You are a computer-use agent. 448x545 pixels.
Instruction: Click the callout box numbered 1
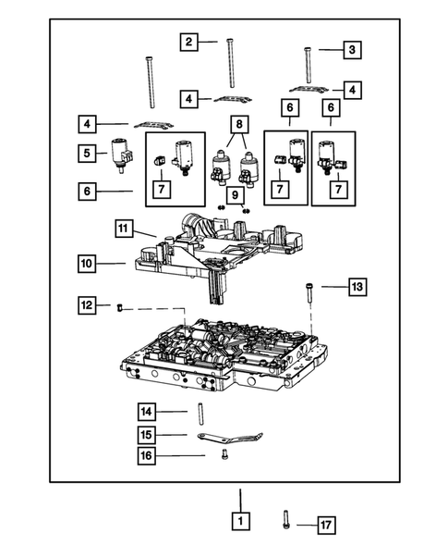[239, 523]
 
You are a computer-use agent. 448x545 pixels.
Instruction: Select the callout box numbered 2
[188, 42]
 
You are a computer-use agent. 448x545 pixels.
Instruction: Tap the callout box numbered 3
[352, 48]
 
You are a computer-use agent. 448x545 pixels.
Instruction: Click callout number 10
[85, 264]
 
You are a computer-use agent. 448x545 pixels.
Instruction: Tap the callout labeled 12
[85, 304]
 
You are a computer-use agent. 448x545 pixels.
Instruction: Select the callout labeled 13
[357, 288]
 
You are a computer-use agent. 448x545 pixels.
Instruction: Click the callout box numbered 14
[147, 411]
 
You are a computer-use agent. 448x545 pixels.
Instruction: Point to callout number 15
[147, 434]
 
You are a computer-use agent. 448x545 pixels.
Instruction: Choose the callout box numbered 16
[147, 454]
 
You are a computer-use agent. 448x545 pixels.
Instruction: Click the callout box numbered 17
[324, 525]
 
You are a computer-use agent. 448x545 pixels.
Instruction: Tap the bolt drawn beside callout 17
[287, 522]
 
